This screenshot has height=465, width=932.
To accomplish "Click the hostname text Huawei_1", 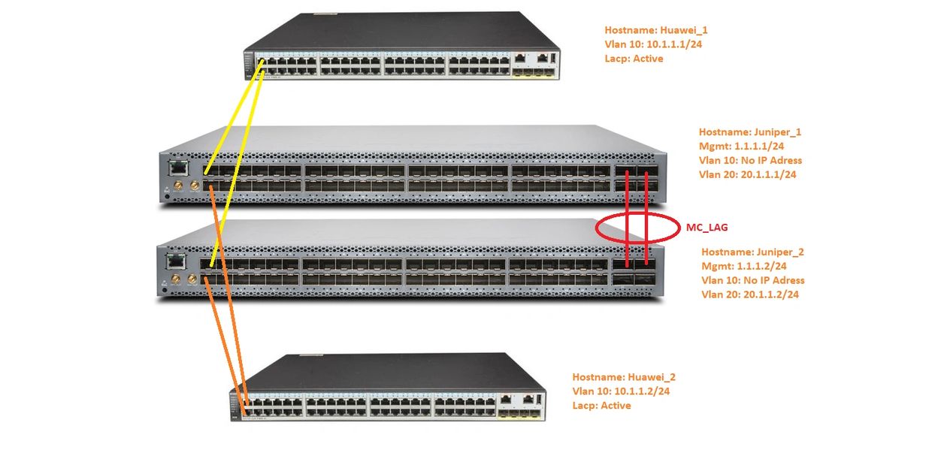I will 684,31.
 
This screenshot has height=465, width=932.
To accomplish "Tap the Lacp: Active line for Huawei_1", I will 634,59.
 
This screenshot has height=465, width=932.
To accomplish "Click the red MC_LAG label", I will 707,226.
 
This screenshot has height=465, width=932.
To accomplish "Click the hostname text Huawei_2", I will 652,377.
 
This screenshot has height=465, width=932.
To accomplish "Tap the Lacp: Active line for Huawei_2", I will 601,406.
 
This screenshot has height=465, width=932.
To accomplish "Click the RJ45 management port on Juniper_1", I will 177,168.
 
